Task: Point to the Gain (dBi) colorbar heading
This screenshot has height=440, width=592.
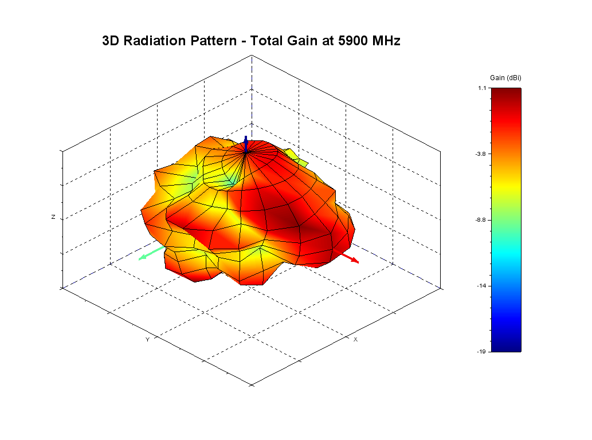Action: [x=505, y=77]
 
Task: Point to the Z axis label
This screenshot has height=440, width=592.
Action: [x=53, y=218]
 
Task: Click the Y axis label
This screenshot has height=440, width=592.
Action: [x=147, y=340]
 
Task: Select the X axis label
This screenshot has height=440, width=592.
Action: [x=355, y=340]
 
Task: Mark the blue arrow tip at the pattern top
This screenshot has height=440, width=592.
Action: [x=246, y=138]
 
